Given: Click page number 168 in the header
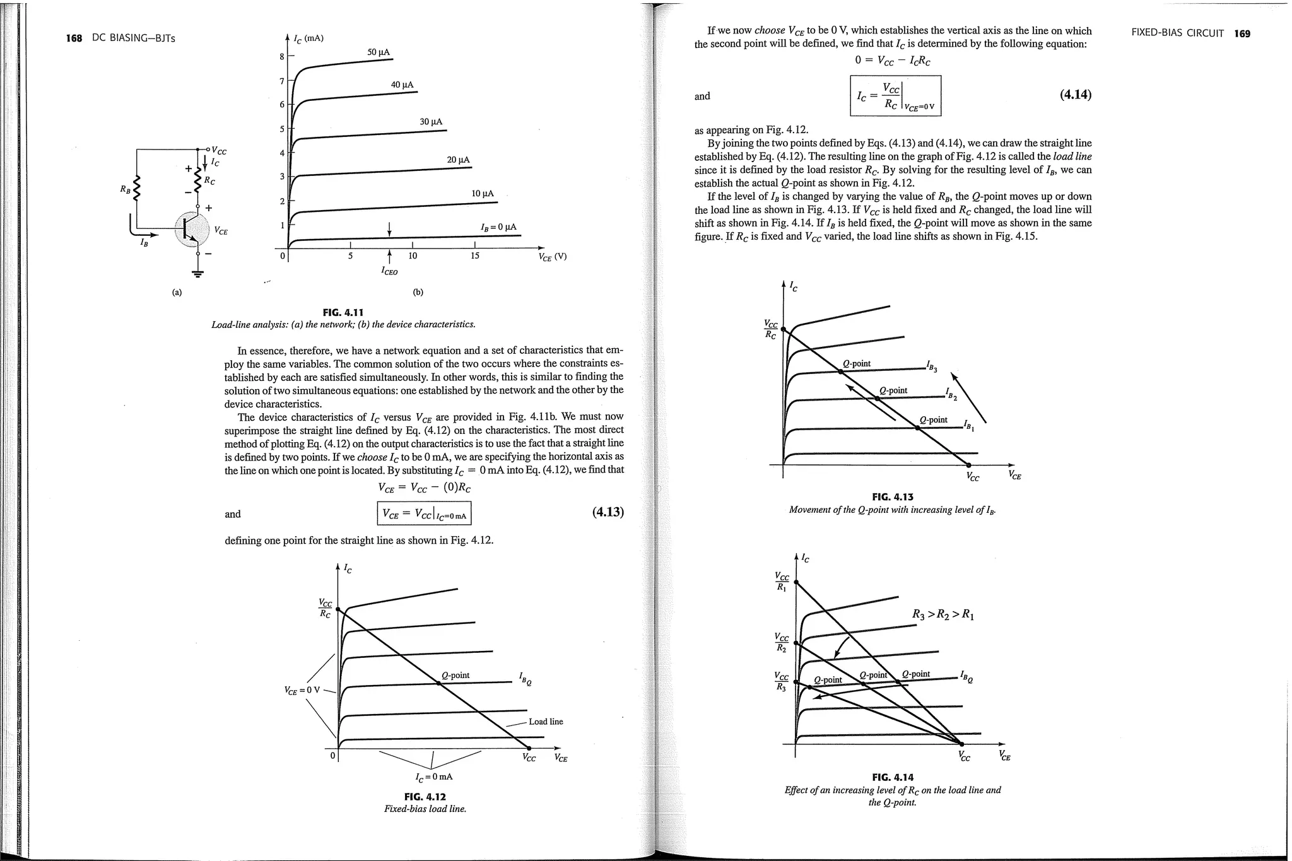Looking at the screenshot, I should click(74, 38).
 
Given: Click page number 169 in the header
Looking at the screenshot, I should click(1242, 34).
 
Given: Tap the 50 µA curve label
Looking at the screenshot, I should click(379, 52).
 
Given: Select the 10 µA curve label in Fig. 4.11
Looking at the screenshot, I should click(483, 194).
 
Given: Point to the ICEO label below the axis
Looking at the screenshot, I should click(389, 271).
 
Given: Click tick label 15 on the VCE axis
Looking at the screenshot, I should click(474, 256).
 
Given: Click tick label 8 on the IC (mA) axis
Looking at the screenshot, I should click(281, 57).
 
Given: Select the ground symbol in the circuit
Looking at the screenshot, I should click(199, 274).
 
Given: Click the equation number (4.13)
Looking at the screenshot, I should click(608, 512).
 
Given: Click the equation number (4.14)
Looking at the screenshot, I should click(1075, 95).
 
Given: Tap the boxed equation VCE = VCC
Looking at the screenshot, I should click(423, 514).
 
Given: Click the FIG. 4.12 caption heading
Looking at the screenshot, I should click(425, 797).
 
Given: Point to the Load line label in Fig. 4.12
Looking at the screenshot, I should click(545, 722).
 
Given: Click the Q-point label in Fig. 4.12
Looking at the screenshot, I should click(455, 675).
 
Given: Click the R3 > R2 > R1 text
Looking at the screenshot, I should click(943, 614).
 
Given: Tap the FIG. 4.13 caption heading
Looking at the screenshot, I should click(891, 497).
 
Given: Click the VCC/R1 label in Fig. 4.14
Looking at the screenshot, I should click(781, 582).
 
